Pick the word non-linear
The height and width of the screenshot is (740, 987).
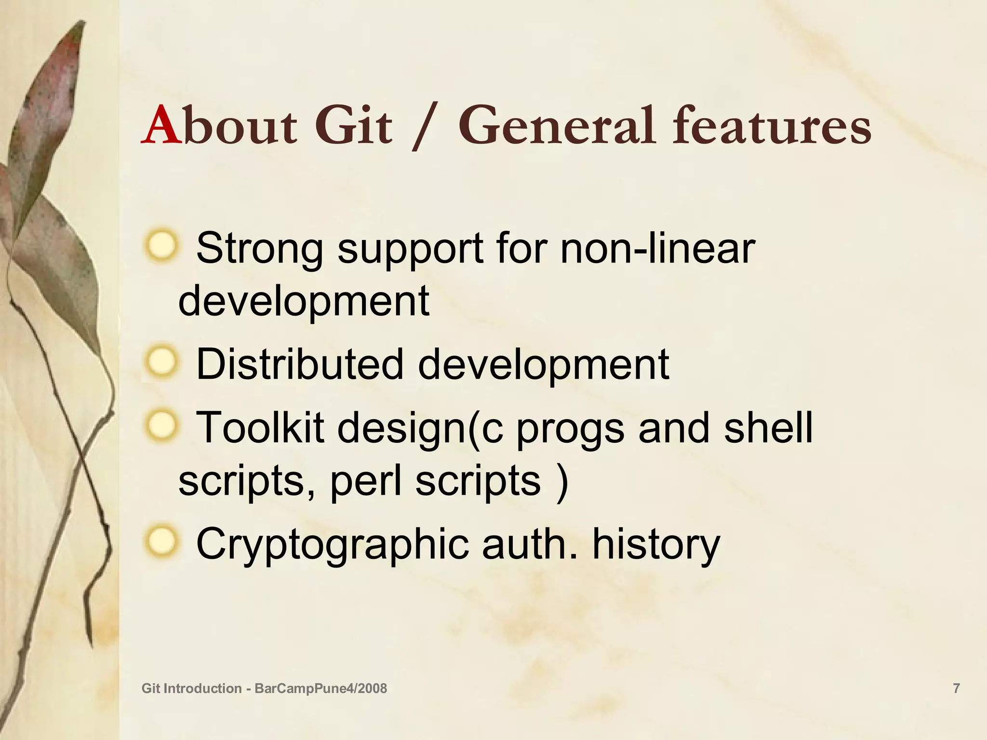[657, 249]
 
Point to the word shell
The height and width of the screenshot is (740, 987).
[768, 428]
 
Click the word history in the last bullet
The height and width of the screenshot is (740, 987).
[655, 543]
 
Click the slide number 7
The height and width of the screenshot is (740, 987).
[957, 688]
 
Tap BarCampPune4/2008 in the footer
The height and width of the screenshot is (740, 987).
[320, 688]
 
